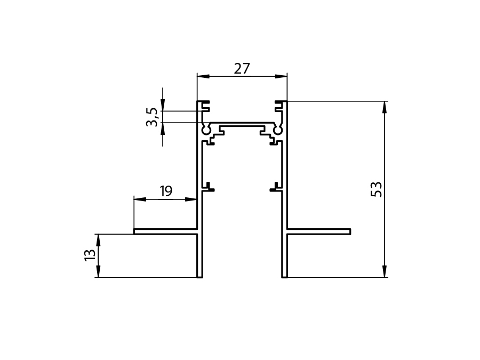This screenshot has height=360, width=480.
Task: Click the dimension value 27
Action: point(242,69)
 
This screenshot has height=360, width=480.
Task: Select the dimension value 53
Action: point(377,189)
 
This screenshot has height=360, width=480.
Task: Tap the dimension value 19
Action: point(166,191)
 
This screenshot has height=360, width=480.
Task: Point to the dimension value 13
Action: point(90,255)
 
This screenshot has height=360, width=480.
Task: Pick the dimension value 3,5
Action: point(152,117)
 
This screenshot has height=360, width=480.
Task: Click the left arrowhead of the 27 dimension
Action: point(203,76)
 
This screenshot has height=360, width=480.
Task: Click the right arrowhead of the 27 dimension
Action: point(281,76)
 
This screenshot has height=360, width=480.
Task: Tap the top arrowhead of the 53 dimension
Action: point(385,107)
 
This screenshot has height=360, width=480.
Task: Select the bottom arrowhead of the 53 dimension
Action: point(385,271)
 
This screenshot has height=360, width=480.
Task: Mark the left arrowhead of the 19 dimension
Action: point(140,199)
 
